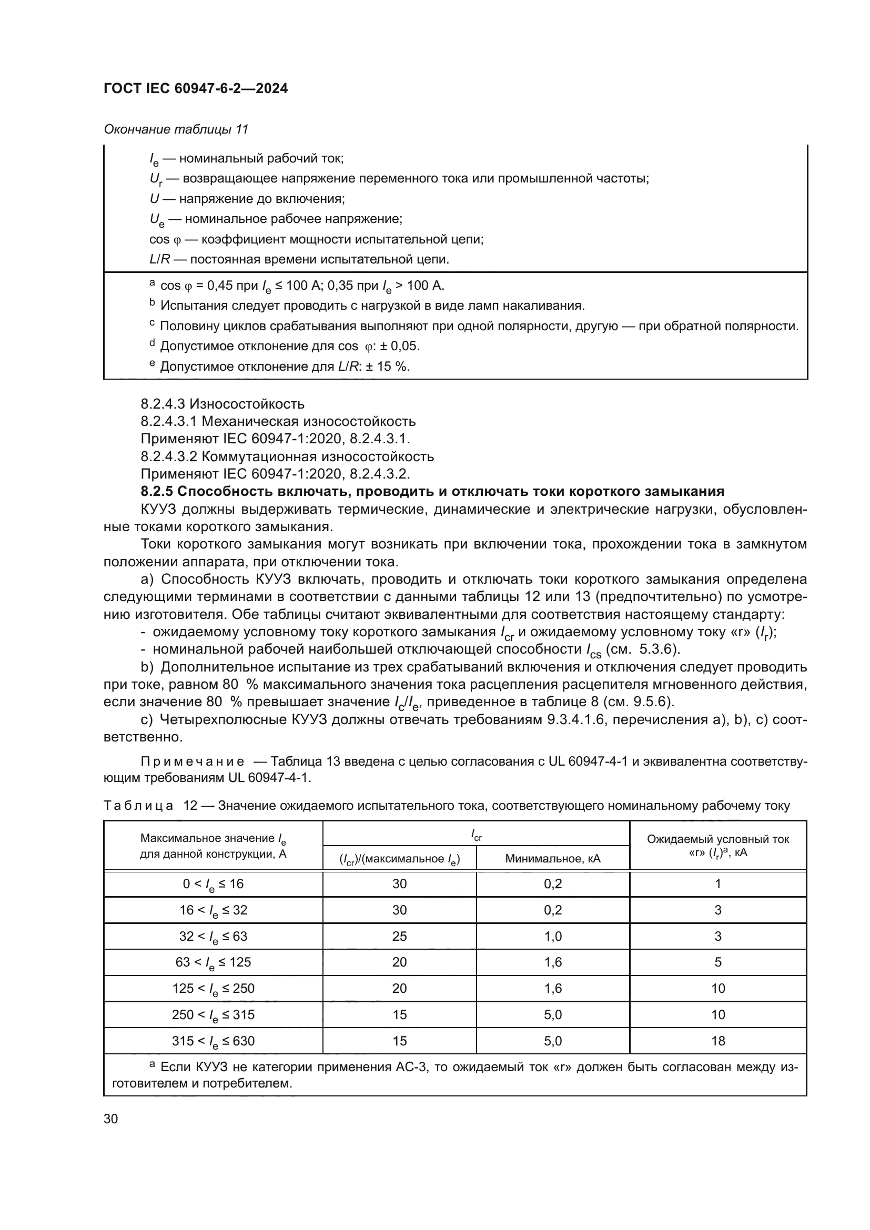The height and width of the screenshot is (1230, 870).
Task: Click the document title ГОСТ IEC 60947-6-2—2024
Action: (x=196, y=89)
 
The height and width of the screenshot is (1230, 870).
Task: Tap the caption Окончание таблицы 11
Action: (x=176, y=130)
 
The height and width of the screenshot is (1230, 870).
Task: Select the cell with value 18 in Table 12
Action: (x=717, y=1041)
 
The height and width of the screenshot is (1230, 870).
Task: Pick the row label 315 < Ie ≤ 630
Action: (x=213, y=1041)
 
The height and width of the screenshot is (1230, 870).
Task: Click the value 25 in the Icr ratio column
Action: (x=399, y=937)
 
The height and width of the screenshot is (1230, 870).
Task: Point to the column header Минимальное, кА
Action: (x=552, y=859)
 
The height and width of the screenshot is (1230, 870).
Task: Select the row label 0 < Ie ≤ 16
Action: (x=213, y=885)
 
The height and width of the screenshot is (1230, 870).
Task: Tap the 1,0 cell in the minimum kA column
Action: (x=552, y=937)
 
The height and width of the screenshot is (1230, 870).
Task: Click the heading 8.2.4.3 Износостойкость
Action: (x=222, y=404)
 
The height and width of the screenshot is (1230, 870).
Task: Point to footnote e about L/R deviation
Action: (x=284, y=367)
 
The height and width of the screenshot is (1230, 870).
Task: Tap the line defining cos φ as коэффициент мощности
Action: (x=316, y=239)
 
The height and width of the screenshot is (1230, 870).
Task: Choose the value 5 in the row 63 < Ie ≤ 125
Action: (x=717, y=962)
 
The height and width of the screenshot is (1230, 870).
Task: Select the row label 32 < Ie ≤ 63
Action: (x=213, y=937)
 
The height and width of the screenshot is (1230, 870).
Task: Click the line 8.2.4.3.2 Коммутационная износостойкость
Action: (x=287, y=457)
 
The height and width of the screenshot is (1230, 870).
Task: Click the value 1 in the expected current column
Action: (x=717, y=884)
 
